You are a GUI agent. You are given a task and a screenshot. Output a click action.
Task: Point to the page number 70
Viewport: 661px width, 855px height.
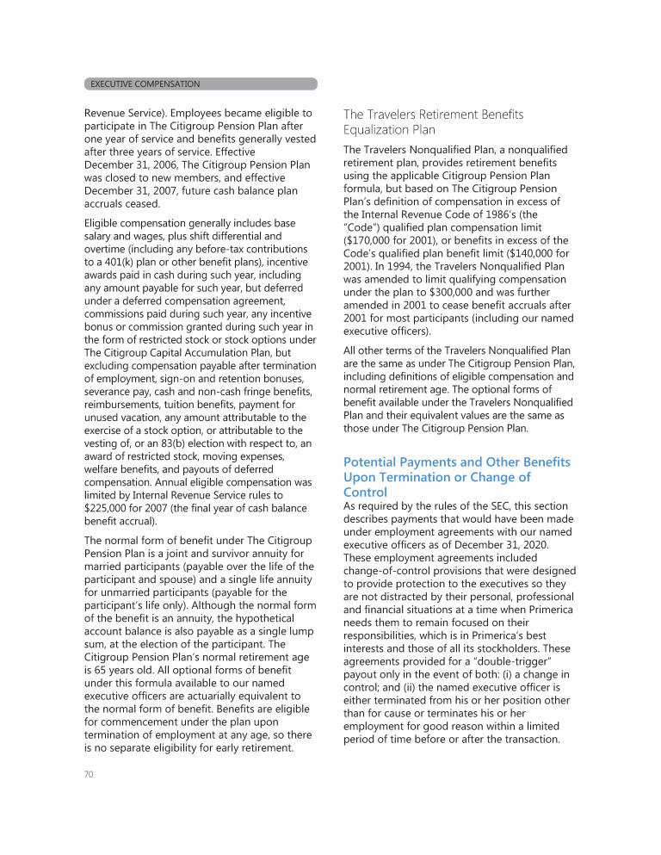[89, 774]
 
